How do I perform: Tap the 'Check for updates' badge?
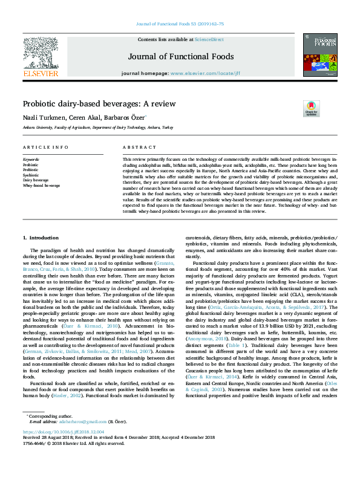311,108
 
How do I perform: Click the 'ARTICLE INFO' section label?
45,148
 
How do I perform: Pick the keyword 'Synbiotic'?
31,175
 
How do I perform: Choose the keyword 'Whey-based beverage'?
42,186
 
